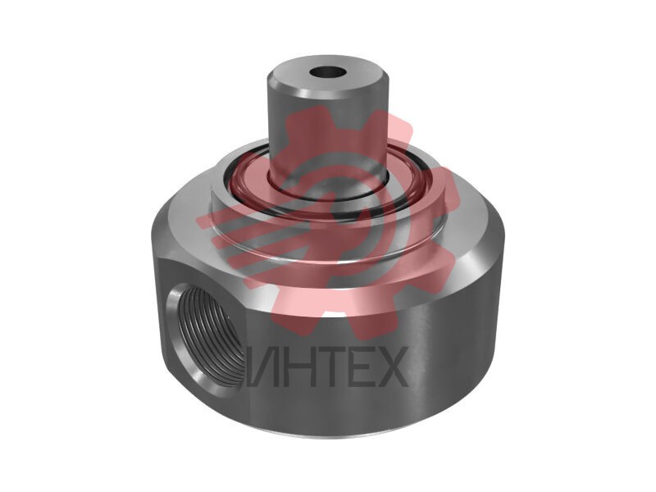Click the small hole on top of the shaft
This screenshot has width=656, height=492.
(329, 72)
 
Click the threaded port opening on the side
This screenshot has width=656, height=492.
(207, 335)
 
